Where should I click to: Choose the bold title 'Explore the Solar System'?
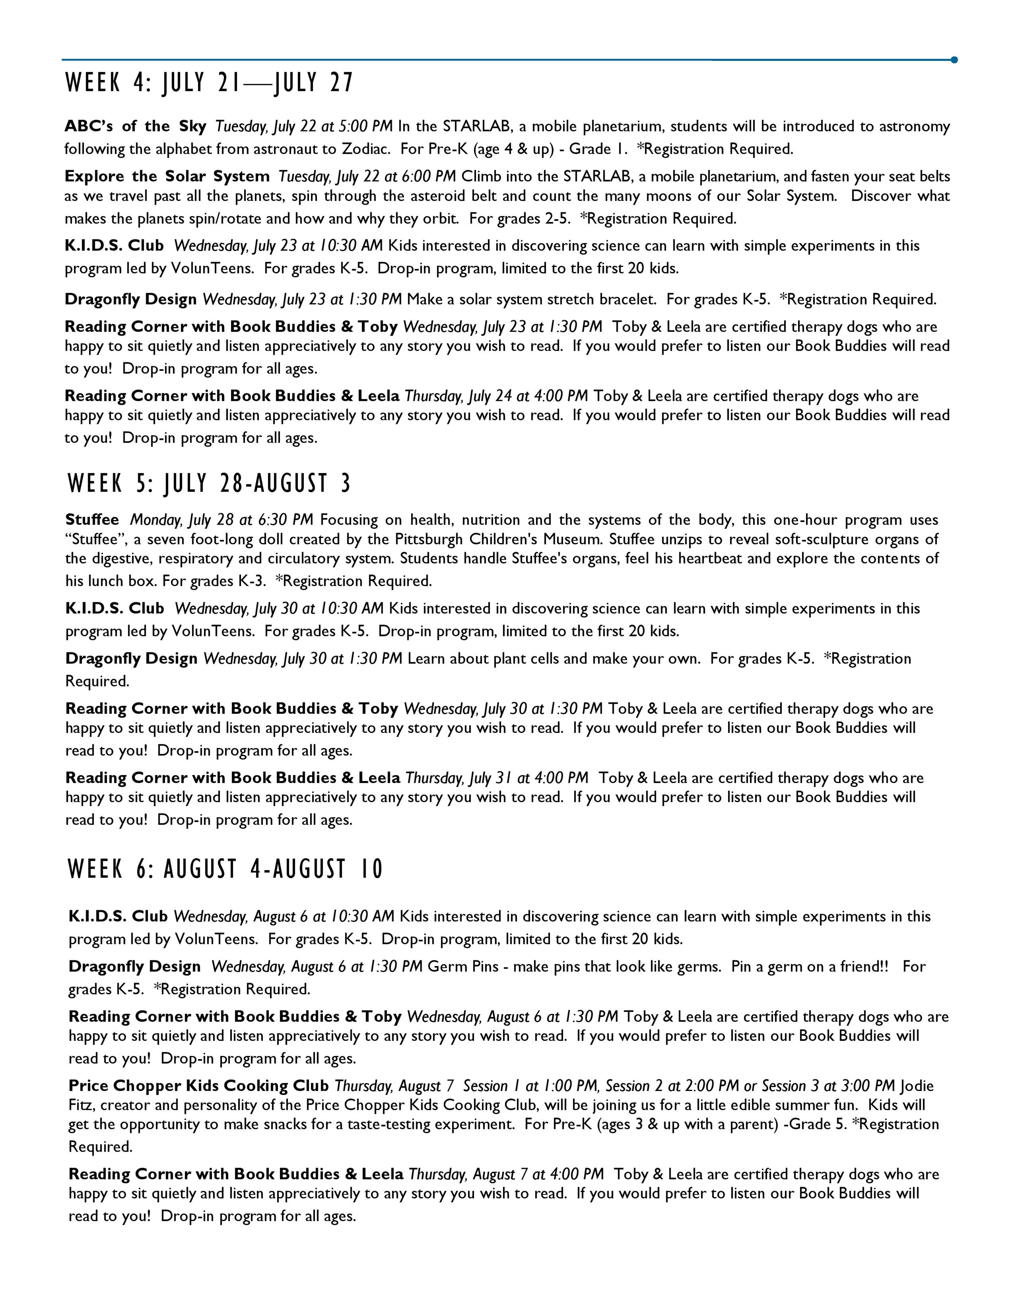point(167,176)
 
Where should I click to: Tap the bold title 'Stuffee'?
point(92,520)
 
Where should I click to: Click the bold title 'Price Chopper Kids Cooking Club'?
point(199,1086)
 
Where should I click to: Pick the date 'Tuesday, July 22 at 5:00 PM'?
point(304,126)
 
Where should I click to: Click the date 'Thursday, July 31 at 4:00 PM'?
point(497,778)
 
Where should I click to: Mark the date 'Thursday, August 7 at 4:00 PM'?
point(506,1174)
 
